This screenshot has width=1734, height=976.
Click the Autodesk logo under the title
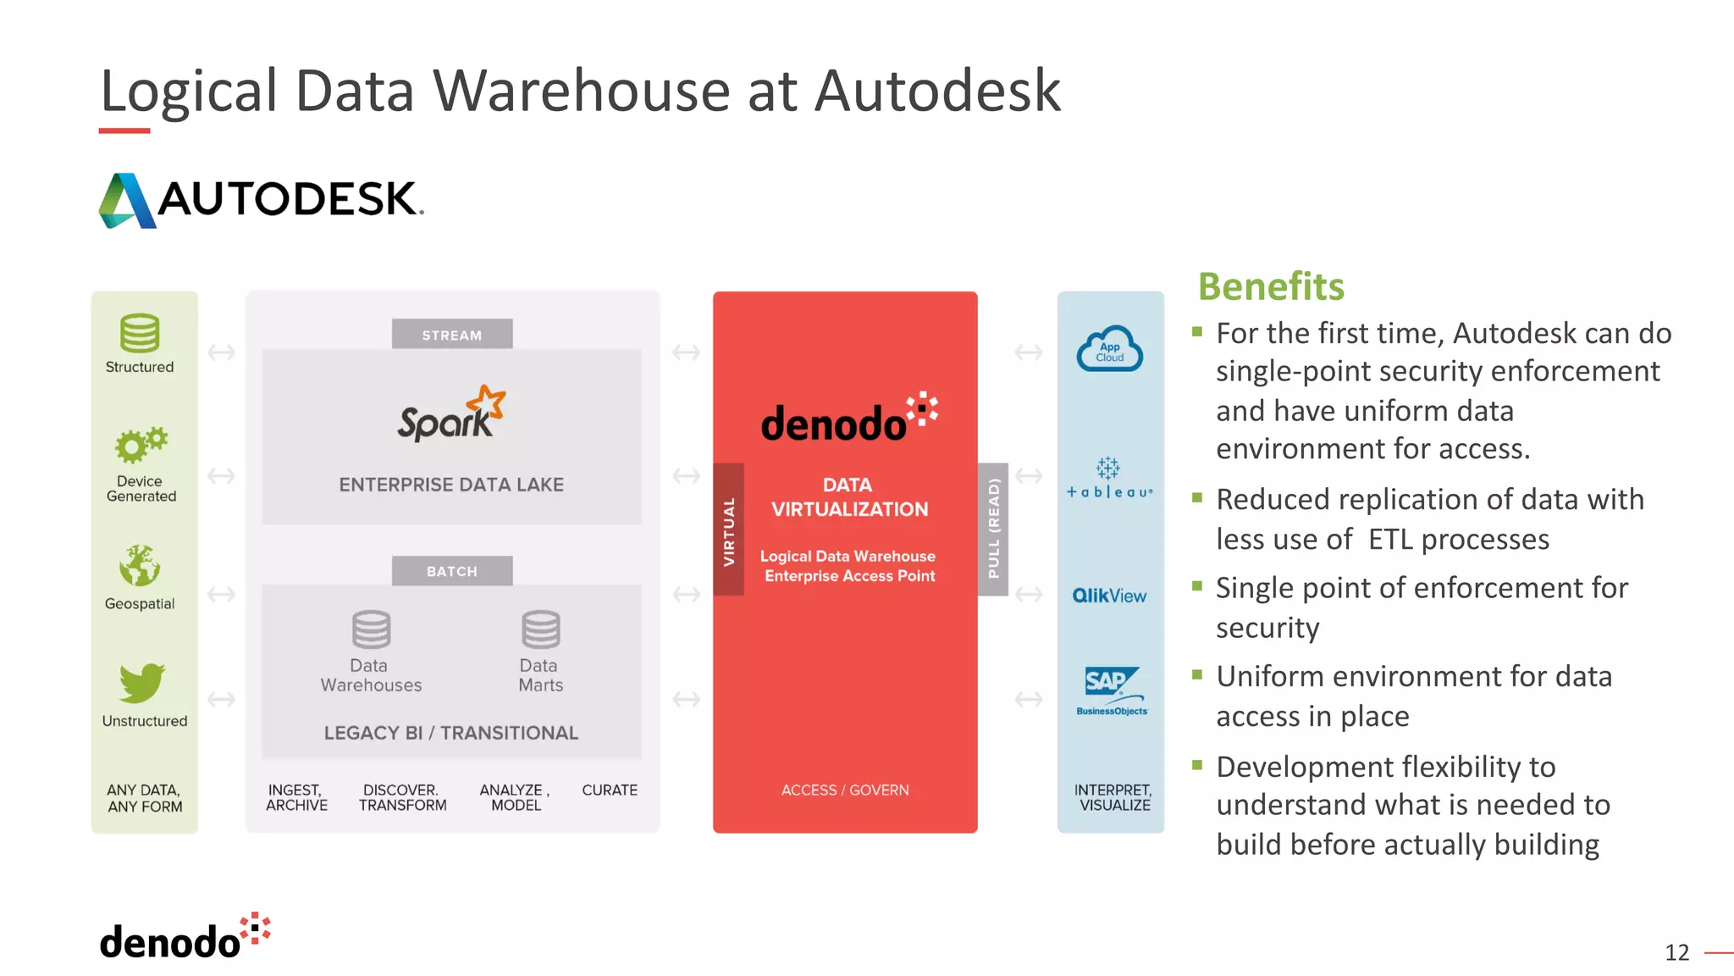pos(261,200)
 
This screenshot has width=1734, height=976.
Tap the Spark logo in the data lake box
pos(451,413)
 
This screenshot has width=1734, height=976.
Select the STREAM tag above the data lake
pos(452,335)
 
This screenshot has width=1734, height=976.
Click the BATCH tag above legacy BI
pos(452,571)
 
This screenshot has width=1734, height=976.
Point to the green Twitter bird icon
pos(141,683)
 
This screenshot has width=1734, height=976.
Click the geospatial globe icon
pos(140,566)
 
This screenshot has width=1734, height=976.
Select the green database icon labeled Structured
pos(140,333)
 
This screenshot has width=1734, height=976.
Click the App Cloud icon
pos(1109,349)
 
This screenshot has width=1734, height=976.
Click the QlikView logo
pos(1109,596)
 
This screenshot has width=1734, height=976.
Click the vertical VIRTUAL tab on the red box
pos(728,530)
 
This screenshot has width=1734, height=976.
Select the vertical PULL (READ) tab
pos(993,530)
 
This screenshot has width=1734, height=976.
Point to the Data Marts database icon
pos(540,629)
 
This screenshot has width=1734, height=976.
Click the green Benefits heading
pos(1271,286)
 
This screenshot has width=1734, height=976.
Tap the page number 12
pos(1676,952)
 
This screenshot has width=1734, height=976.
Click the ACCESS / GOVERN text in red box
pos(845,790)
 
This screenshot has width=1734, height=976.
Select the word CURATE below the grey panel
pos(610,790)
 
